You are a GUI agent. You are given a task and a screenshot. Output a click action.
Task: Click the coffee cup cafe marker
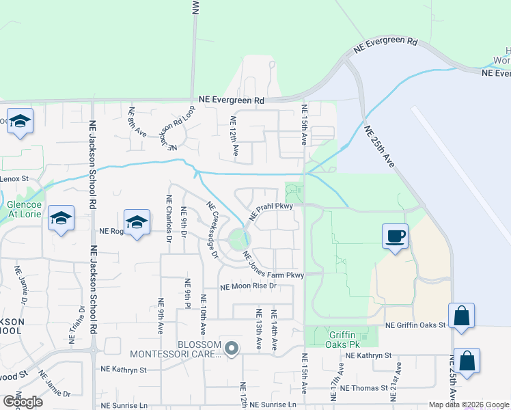[395, 236]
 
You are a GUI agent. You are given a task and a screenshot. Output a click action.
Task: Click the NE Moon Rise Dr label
[247, 287]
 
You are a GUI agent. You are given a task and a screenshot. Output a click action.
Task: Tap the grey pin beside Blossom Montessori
[232, 349]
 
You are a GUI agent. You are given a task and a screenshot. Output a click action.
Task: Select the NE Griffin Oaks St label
[415, 326]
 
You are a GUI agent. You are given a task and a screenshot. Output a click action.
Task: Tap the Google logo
[22, 401]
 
